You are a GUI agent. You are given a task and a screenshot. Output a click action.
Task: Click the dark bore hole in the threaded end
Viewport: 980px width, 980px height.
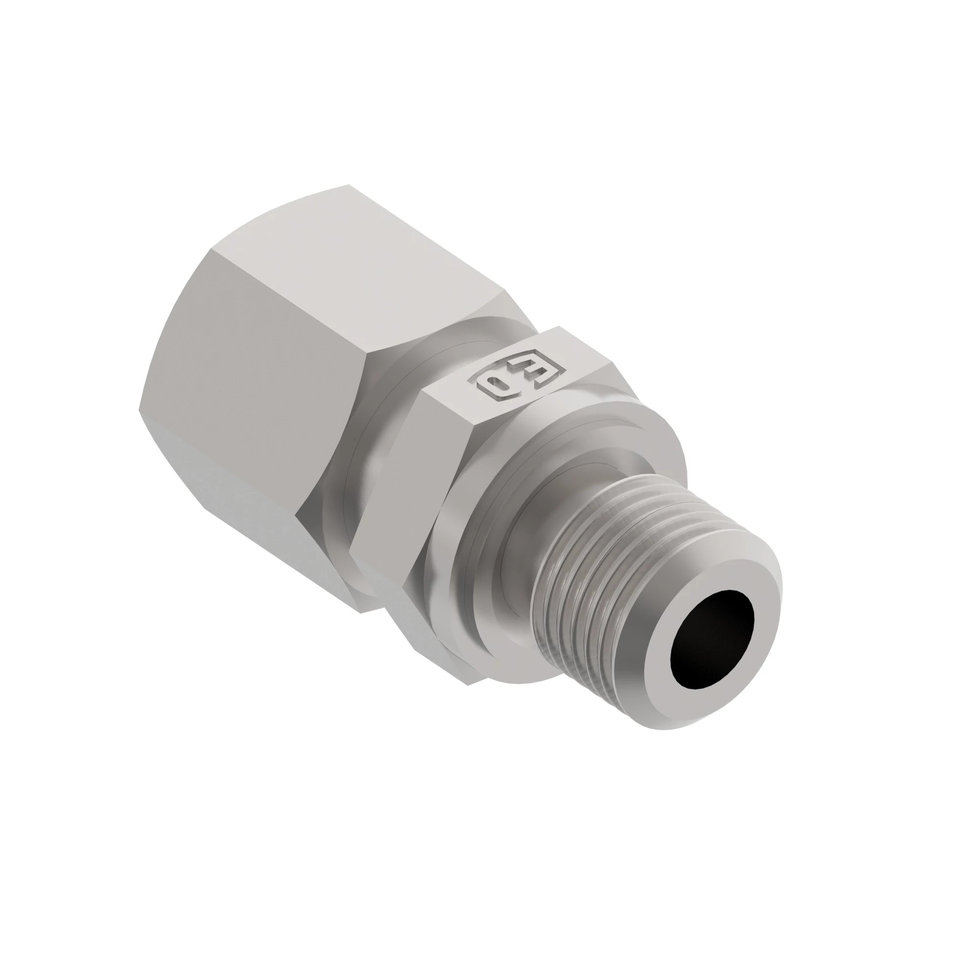coord(711,639)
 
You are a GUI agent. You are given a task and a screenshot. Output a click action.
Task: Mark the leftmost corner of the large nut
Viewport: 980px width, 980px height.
coord(140,410)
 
